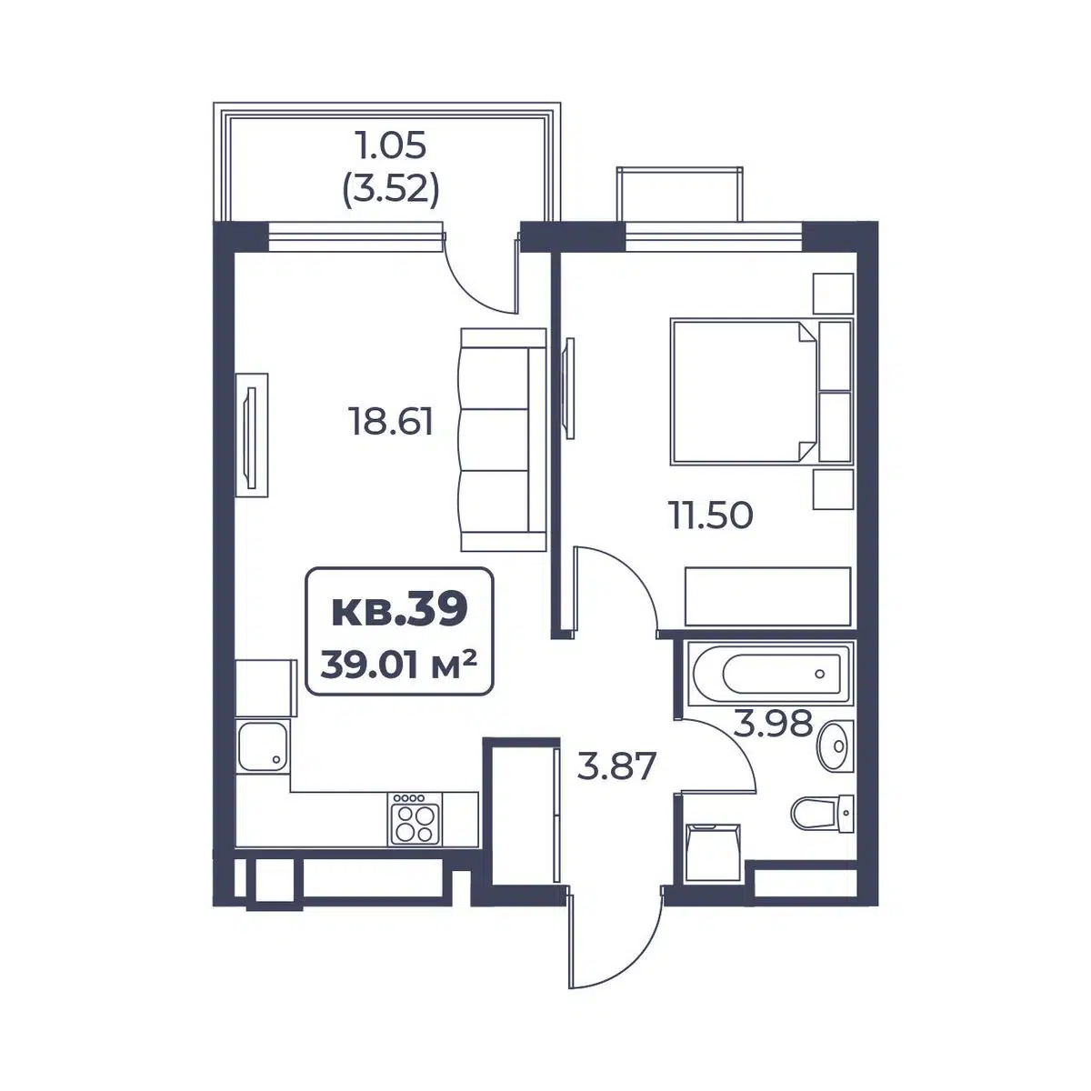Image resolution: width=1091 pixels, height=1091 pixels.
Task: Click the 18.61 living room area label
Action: click(x=392, y=422)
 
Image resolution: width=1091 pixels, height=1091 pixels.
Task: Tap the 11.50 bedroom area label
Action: click(x=711, y=515)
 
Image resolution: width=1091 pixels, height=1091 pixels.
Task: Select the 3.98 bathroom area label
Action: click(x=774, y=723)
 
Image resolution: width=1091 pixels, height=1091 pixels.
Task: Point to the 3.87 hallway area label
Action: click(x=616, y=766)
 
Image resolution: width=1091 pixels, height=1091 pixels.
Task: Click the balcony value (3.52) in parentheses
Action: click(x=391, y=190)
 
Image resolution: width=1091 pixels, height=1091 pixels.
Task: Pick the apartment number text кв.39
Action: click(x=400, y=609)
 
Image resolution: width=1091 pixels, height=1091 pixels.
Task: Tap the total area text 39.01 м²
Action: click(x=398, y=664)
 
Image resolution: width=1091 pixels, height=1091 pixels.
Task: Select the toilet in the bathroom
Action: click(x=822, y=814)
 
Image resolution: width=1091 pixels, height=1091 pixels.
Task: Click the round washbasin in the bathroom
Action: click(x=835, y=746)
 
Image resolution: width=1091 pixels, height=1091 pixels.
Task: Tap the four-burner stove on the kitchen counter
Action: click(x=415, y=818)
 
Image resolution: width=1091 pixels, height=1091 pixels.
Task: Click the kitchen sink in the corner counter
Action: click(x=263, y=747)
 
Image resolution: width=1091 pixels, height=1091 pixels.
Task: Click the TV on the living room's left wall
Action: click(x=251, y=435)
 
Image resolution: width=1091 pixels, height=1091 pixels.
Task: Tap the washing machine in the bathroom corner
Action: click(x=713, y=853)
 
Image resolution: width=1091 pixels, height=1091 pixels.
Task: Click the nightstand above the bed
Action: click(x=834, y=294)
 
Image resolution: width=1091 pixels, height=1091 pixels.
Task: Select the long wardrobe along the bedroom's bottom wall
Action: click(x=768, y=596)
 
